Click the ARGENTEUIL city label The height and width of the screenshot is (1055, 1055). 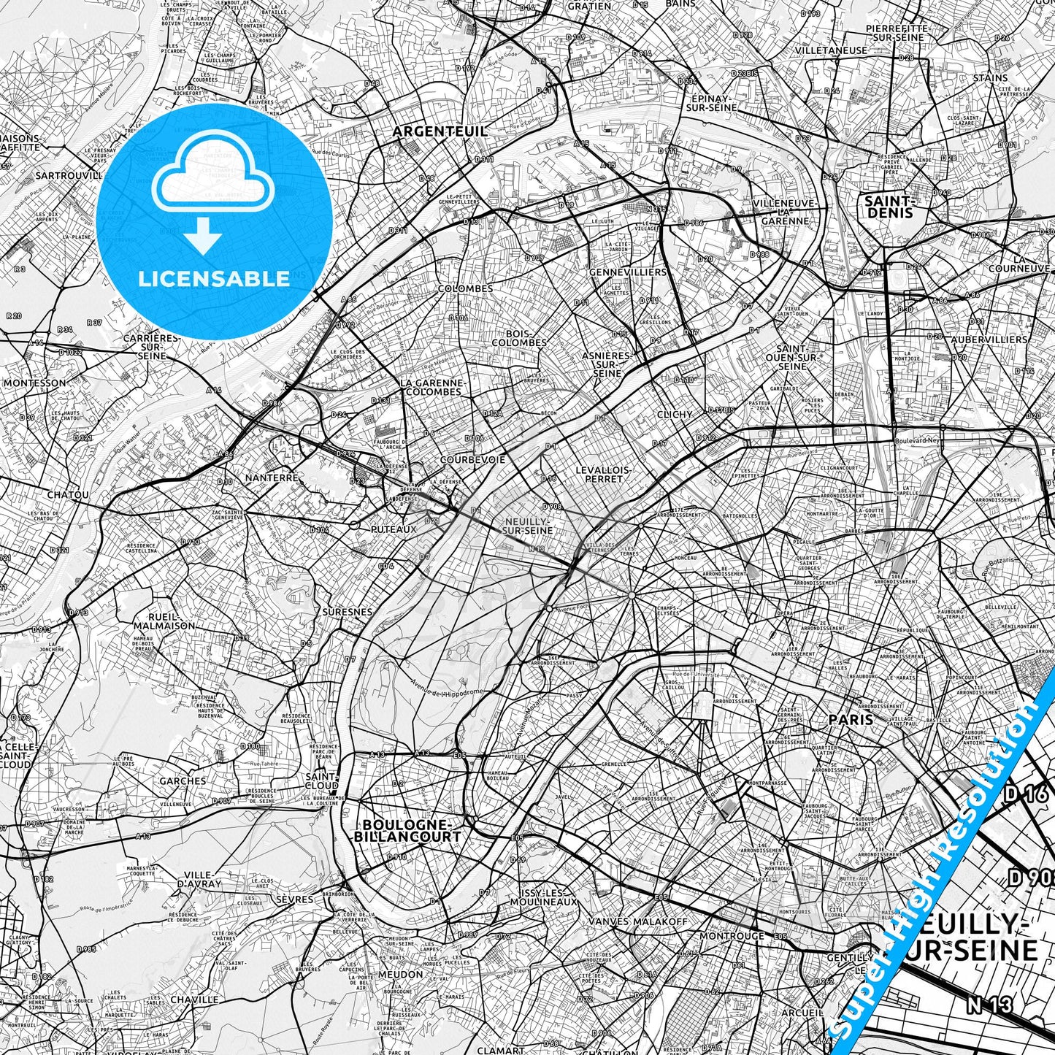tap(440, 131)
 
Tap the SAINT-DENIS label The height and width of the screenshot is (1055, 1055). tap(889, 206)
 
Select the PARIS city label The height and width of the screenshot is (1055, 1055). tap(851, 719)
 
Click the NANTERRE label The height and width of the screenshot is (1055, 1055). tap(273, 477)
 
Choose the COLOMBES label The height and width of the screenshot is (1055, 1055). tap(465, 288)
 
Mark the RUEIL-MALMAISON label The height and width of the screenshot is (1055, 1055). tap(164, 621)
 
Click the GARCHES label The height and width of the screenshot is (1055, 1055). tap(183, 780)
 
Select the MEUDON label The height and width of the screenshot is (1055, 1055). tap(401, 974)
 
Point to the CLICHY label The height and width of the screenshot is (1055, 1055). tap(675, 414)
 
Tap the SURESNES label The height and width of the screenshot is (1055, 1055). tap(347, 612)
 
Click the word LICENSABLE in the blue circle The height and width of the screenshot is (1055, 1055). tap(214, 278)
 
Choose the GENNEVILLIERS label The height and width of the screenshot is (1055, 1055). tap(632, 272)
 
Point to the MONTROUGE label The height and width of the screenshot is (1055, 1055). tap(732, 936)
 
